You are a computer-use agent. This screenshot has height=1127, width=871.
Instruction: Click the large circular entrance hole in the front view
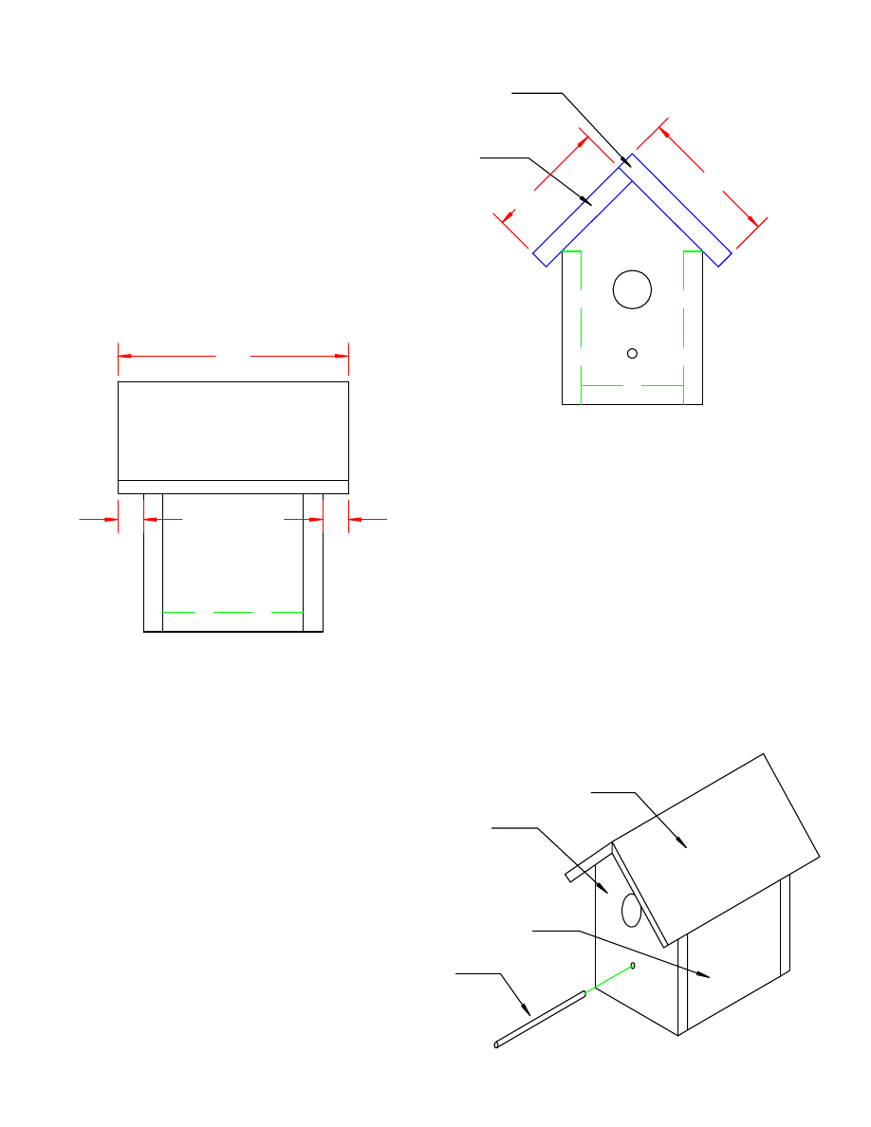click(x=632, y=288)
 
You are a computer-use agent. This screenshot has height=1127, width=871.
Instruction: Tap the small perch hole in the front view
click(x=632, y=353)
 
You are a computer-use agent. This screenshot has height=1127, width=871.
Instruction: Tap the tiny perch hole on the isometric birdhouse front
click(x=633, y=965)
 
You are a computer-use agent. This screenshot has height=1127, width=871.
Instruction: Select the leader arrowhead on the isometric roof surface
click(x=682, y=841)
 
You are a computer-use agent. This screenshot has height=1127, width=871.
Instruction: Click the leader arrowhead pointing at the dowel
click(x=528, y=1012)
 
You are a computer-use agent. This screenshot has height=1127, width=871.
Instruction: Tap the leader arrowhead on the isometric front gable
click(x=604, y=889)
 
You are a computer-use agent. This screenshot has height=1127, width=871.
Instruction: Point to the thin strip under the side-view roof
click(x=232, y=487)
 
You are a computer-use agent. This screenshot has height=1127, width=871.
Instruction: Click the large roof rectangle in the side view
click(x=232, y=431)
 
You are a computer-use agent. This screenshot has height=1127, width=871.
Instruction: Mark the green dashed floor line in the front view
click(x=632, y=386)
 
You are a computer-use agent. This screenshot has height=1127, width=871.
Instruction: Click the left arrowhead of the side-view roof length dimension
click(x=123, y=356)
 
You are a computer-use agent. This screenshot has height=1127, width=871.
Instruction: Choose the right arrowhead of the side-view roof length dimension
click(x=343, y=356)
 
